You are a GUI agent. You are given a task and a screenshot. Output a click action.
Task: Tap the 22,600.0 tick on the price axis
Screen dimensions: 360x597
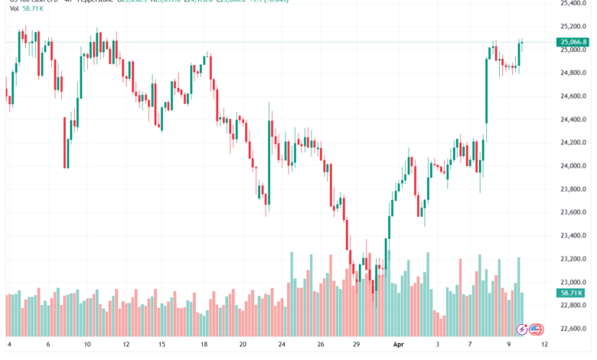click(x=573, y=329)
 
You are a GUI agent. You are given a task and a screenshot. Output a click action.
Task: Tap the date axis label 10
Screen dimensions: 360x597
click(x=88, y=345)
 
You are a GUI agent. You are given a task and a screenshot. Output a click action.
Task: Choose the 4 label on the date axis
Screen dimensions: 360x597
click(x=9, y=345)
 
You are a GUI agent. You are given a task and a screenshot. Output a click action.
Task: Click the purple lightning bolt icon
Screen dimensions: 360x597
click(x=522, y=329)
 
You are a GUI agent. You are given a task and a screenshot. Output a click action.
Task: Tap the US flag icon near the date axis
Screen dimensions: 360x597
click(x=537, y=329)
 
